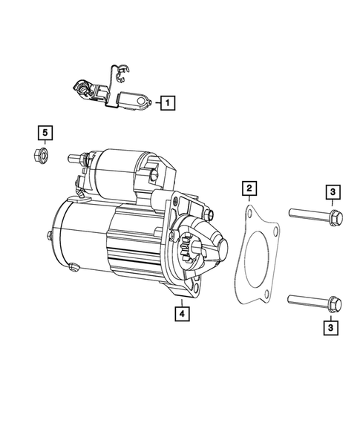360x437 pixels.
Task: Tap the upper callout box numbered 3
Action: click(333, 194)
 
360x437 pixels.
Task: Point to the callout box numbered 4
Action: click(181, 312)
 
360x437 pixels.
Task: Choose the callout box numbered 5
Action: click(45, 133)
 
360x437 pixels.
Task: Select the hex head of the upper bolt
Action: click(333, 218)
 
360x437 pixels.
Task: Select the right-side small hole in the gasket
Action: click(276, 236)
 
